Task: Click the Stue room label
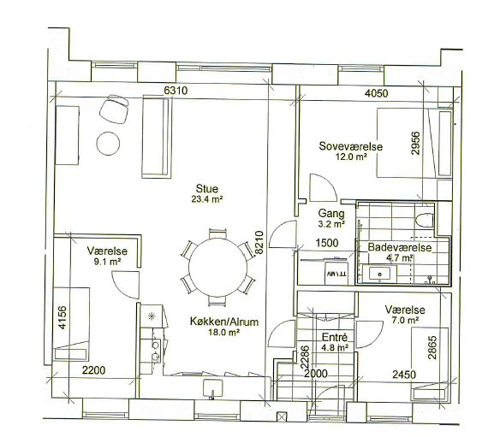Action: tap(207, 189)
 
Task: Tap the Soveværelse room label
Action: tap(351, 146)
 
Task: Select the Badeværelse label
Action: tap(400, 247)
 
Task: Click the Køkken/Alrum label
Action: tap(224, 322)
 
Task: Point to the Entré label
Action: tap(334, 338)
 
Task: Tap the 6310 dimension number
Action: tap(176, 91)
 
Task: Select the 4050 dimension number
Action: tap(376, 93)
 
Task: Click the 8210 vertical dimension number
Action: tap(259, 242)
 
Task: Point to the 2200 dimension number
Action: tap(93, 370)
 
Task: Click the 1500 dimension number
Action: tap(327, 242)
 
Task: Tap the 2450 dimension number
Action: tap(404, 375)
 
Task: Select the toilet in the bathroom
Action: tap(425, 220)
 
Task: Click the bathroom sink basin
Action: tap(379, 275)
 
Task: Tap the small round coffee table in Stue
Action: tap(108, 144)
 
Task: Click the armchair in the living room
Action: tap(114, 109)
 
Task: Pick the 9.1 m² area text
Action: tap(107, 262)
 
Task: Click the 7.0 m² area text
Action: tap(405, 320)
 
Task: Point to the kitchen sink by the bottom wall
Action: tap(213, 388)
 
